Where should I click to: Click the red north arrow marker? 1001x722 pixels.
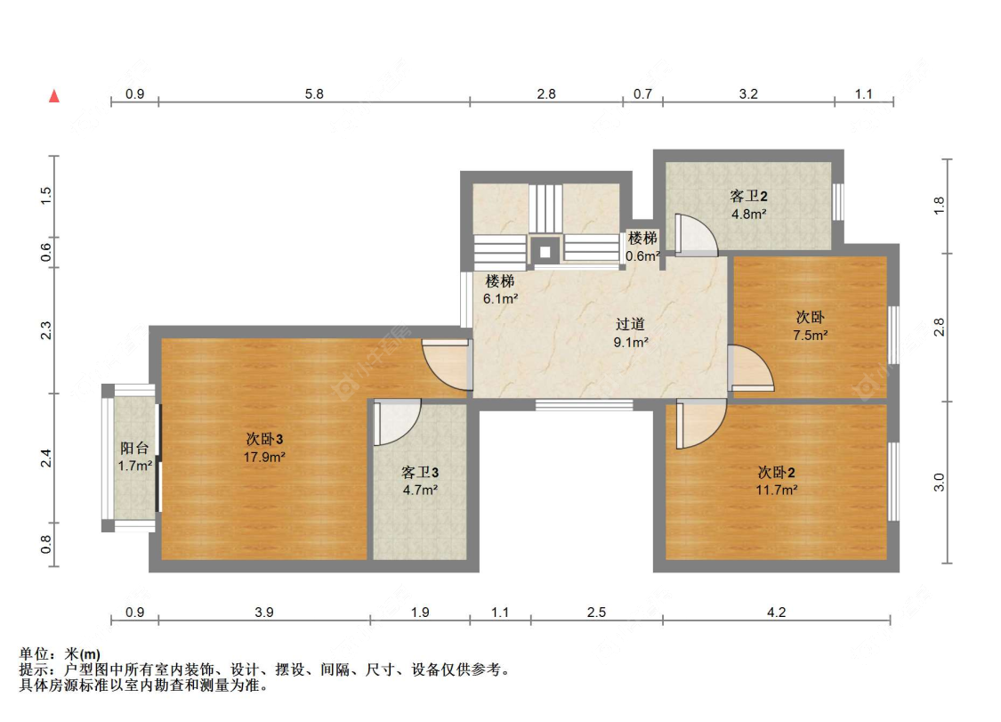click(x=54, y=96)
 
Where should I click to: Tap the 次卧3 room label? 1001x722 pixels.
click(x=264, y=439)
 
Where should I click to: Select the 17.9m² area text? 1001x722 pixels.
click(x=264, y=457)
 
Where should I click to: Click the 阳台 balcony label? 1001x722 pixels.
click(x=134, y=448)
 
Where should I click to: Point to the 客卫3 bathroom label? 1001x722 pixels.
click(x=420, y=472)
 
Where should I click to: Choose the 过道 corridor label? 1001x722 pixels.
click(x=630, y=324)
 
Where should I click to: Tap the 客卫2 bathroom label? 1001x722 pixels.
click(x=749, y=196)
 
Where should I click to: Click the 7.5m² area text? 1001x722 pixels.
click(x=810, y=335)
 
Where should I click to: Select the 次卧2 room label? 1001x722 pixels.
click(x=776, y=472)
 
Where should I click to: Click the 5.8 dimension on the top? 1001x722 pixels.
click(x=314, y=94)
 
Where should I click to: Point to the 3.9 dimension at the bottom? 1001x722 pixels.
click(x=264, y=612)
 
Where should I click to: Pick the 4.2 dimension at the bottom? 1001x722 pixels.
click(x=776, y=612)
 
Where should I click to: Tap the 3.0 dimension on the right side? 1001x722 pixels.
click(x=939, y=483)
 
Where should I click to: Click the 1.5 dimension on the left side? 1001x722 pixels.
click(x=46, y=196)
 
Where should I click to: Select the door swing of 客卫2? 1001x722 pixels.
click(x=697, y=234)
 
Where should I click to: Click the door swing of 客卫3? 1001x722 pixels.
click(x=397, y=422)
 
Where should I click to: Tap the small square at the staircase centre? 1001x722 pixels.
click(x=545, y=252)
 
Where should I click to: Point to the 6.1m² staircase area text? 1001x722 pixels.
click(x=500, y=298)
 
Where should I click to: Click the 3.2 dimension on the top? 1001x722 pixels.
click(x=748, y=94)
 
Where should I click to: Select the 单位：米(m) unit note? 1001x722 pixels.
click(x=60, y=654)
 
